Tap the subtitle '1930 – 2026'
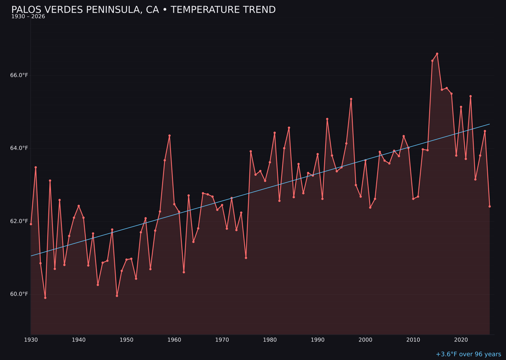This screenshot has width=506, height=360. pyautogui.click(x=28, y=17)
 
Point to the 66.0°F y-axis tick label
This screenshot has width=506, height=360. pyautogui.click(x=19, y=75)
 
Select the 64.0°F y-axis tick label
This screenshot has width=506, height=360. pyautogui.click(x=19, y=148)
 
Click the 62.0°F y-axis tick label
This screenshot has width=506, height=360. pyautogui.click(x=19, y=221)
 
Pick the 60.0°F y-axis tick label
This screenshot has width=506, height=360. pyautogui.click(x=19, y=294)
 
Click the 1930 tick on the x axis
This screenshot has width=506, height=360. pyautogui.click(x=31, y=339)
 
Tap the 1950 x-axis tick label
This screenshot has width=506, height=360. pyautogui.click(x=126, y=339)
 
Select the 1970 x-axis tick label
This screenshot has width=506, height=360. pyautogui.click(x=222, y=339)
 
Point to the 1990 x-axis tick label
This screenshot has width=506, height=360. pyautogui.click(x=318, y=339)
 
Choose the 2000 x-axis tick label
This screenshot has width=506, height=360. pyautogui.click(x=365, y=339)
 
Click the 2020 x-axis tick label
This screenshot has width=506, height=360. pyautogui.click(x=461, y=339)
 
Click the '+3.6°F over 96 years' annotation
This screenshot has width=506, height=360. pyautogui.click(x=468, y=354)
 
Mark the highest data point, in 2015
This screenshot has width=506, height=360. pyautogui.click(x=437, y=53)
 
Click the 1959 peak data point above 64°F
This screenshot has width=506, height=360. pyautogui.click(x=170, y=135)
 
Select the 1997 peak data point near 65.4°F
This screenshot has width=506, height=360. pyautogui.click(x=351, y=99)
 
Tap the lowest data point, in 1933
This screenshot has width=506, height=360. pyautogui.click(x=45, y=298)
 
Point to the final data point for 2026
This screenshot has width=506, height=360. pyautogui.click(x=490, y=206)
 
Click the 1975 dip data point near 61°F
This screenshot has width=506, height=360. pyautogui.click(x=246, y=258)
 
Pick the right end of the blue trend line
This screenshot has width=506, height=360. pyautogui.click(x=490, y=124)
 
